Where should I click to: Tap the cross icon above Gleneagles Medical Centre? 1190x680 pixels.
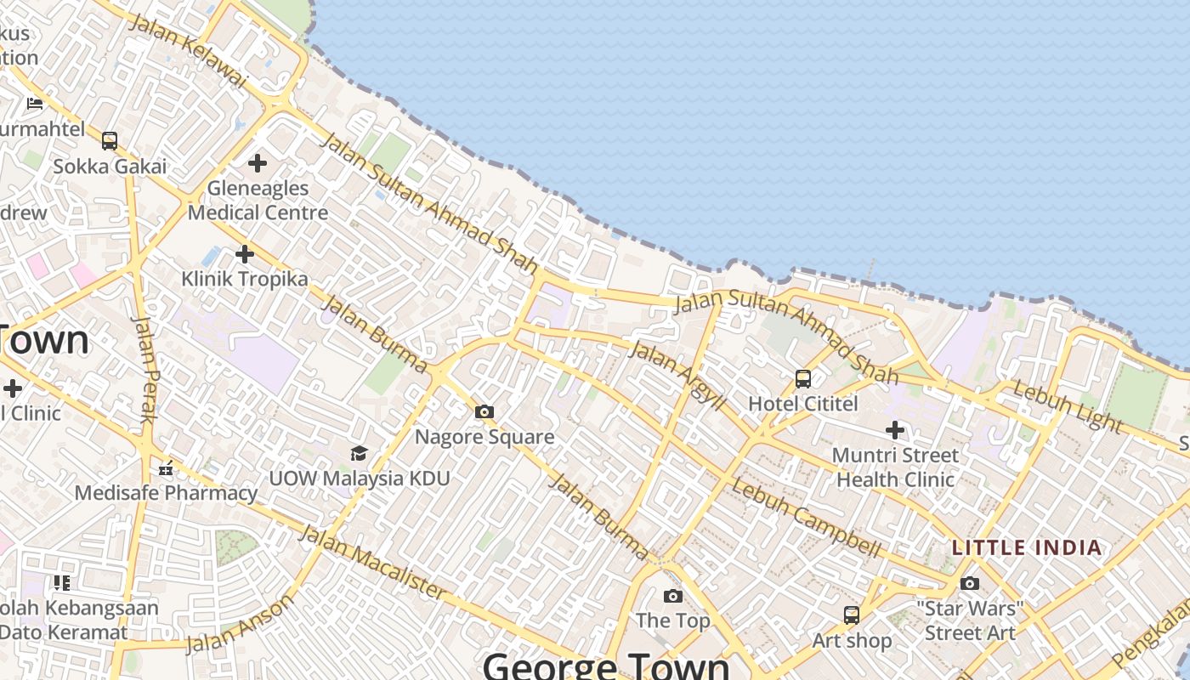257,162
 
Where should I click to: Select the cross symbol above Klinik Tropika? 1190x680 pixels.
245,253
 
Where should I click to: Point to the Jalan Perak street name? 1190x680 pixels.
146,369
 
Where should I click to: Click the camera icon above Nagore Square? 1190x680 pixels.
484,412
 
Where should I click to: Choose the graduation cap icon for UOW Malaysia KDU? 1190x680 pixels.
359,453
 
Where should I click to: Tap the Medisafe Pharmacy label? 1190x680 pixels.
166,492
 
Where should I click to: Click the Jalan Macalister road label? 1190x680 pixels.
372,562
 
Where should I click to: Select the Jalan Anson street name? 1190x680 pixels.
241,624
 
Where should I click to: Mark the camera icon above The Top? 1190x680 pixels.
672,596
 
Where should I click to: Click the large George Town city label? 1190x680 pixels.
606,665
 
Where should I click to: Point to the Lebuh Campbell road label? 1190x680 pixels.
806,518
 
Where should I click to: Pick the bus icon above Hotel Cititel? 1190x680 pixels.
802,379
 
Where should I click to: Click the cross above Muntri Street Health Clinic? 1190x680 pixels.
894,430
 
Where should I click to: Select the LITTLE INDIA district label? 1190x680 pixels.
1027,547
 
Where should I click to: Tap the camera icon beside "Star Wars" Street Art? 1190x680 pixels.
969,583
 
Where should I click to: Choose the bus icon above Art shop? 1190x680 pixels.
851,615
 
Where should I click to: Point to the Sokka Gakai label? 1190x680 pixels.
110,166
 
